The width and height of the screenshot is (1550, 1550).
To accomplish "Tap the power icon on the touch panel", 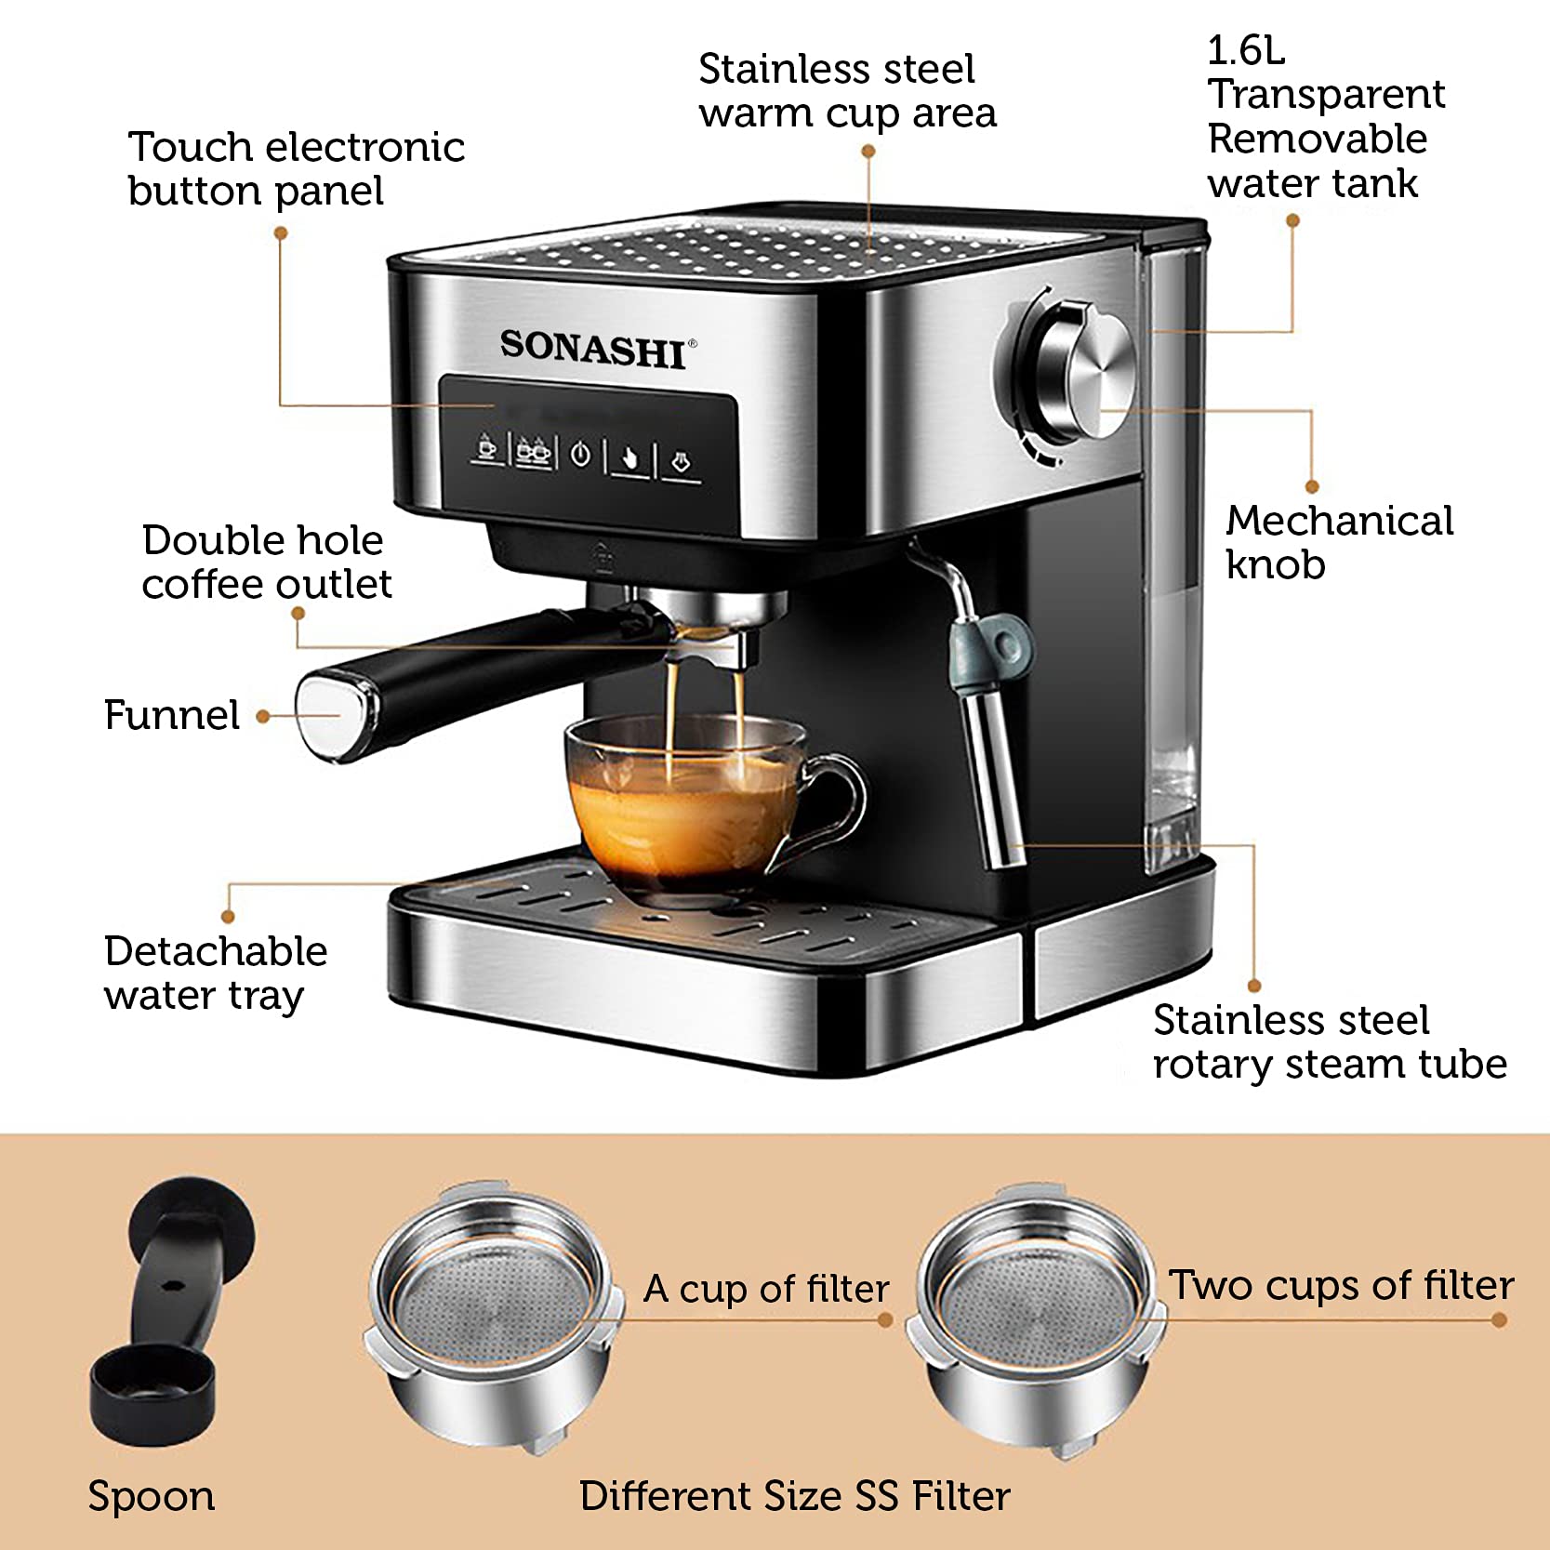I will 580,455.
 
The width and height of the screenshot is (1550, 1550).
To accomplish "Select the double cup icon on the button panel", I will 533,452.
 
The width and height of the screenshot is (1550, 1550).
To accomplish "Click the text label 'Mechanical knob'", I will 1339,542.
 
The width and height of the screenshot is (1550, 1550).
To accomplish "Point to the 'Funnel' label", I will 172,715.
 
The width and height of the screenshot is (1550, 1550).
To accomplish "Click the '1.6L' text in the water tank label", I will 1246,51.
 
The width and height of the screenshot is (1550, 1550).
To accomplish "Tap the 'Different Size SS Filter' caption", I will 794,1496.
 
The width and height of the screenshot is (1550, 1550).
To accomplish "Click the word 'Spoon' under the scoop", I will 152,1496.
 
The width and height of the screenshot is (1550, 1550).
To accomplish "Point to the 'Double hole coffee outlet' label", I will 267,562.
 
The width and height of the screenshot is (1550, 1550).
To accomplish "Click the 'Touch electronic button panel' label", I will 296,168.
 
